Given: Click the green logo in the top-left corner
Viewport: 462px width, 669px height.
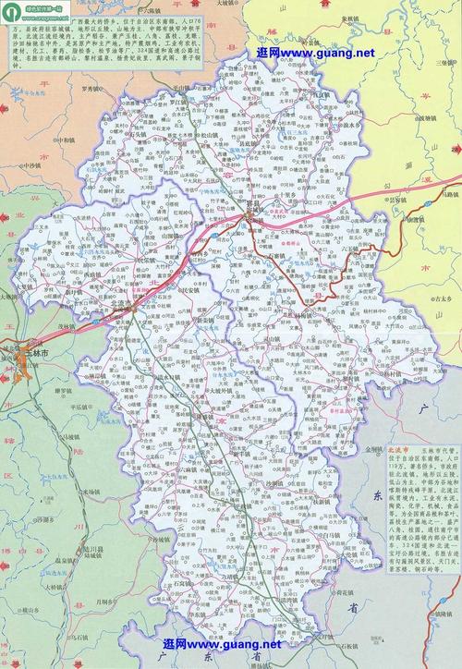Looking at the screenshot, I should click(x=11, y=11).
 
